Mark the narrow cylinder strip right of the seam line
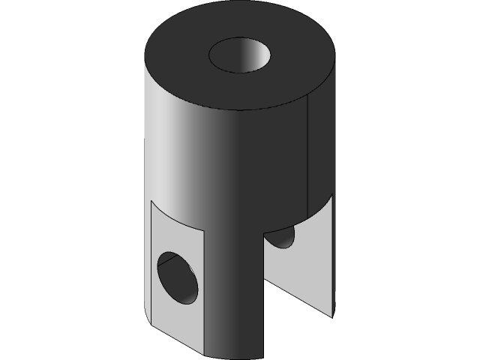click(x=321, y=150)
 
